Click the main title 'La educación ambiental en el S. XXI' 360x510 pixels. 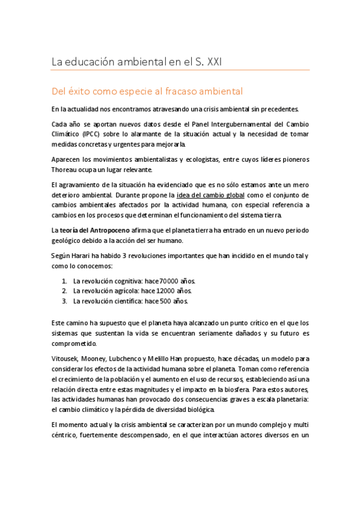pyautogui.click(x=138, y=61)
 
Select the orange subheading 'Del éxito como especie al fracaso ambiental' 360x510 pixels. pyautogui.click(x=147, y=92)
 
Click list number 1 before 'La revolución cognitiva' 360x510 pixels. pyautogui.click(x=65, y=281)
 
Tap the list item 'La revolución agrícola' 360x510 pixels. pyautogui.click(x=105, y=291)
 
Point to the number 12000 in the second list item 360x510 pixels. pyautogui.click(x=165, y=291)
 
